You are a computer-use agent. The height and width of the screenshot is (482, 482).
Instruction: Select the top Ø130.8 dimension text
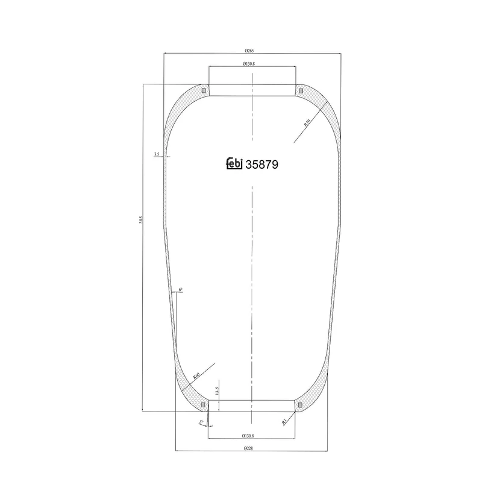[252, 63]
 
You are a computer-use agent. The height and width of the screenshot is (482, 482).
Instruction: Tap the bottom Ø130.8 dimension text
[252, 434]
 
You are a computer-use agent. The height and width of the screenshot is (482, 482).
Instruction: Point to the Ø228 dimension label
[252, 446]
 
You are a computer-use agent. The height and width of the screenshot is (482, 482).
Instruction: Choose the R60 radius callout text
[196, 376]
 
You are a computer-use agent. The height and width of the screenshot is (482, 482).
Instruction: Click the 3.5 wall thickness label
[157, 155]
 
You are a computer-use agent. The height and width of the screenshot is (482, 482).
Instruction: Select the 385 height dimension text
[140, 221]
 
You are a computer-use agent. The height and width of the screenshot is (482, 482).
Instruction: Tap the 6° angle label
[180, 290]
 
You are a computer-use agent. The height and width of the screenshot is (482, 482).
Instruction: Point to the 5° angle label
[200, 423]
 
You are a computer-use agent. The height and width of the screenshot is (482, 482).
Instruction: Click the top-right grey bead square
[300, 91]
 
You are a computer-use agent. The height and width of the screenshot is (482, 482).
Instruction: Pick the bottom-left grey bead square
[204, 404]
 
